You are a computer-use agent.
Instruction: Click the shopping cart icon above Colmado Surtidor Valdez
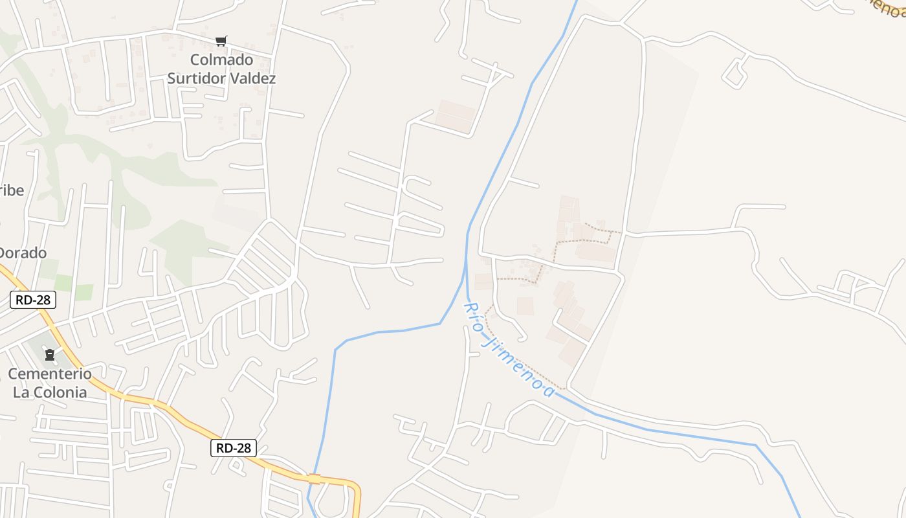(x=221, y=41)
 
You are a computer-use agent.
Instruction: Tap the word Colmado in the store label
(x=221, y=60)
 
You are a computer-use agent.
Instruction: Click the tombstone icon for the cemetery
(x=50, y=355)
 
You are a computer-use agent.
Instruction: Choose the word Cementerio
(x=50, y=374)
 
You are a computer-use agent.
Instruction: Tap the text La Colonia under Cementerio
(x=50, y=392)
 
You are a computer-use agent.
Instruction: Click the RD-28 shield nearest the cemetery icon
(x=33, y=300)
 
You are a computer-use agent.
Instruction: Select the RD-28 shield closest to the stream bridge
(x=234, y=447)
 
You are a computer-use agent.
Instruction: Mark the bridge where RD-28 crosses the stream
(x=315, y=479)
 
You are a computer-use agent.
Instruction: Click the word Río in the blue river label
(x=474, y=317)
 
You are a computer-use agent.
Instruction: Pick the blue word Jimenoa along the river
(x=522, y=366)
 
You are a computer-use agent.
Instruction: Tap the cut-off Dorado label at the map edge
(x=23, y=253)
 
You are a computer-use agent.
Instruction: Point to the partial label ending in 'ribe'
(x=12, y=190)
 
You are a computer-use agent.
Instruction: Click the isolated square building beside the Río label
(x=525, y=306)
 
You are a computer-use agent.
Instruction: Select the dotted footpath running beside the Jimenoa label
(x=531, y=369)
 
